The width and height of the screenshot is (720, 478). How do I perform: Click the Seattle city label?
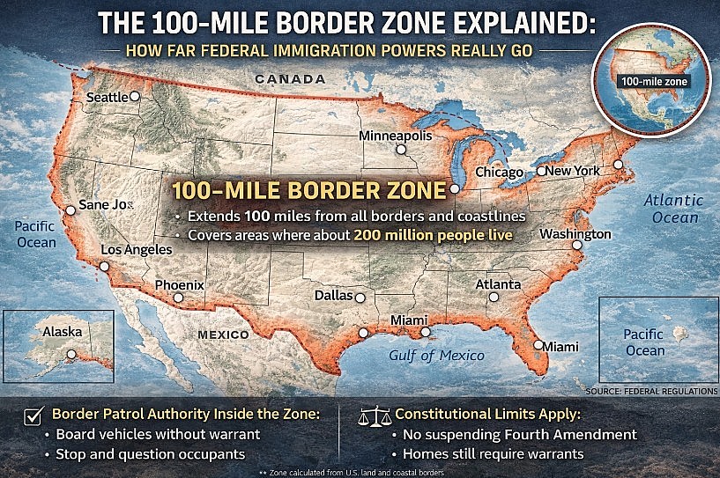click(x=106, y=98)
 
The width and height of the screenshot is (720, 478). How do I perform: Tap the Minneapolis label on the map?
click(x=395, y=136)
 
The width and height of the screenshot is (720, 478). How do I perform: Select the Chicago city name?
click(x=500, y=173)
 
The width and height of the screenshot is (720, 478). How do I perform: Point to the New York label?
click(x=573, y=170)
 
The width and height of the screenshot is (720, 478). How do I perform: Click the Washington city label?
click(x=575, y=234)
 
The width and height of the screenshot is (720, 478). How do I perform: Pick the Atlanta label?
click(x=498, y=284)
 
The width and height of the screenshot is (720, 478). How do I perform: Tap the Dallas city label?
click(x=333, y=296)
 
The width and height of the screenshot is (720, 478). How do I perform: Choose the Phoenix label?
click(x=179, y=285)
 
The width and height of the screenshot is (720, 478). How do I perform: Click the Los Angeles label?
click(x=136, y=250)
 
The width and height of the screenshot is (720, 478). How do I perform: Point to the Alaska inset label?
click(x=62, y=332)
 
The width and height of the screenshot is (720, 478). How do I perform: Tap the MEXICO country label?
click(x=223, y=335)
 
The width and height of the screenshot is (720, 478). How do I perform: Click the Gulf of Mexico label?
click(x=436, y=356)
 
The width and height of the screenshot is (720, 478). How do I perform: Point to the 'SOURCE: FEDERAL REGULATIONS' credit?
click(x=650, y=388)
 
